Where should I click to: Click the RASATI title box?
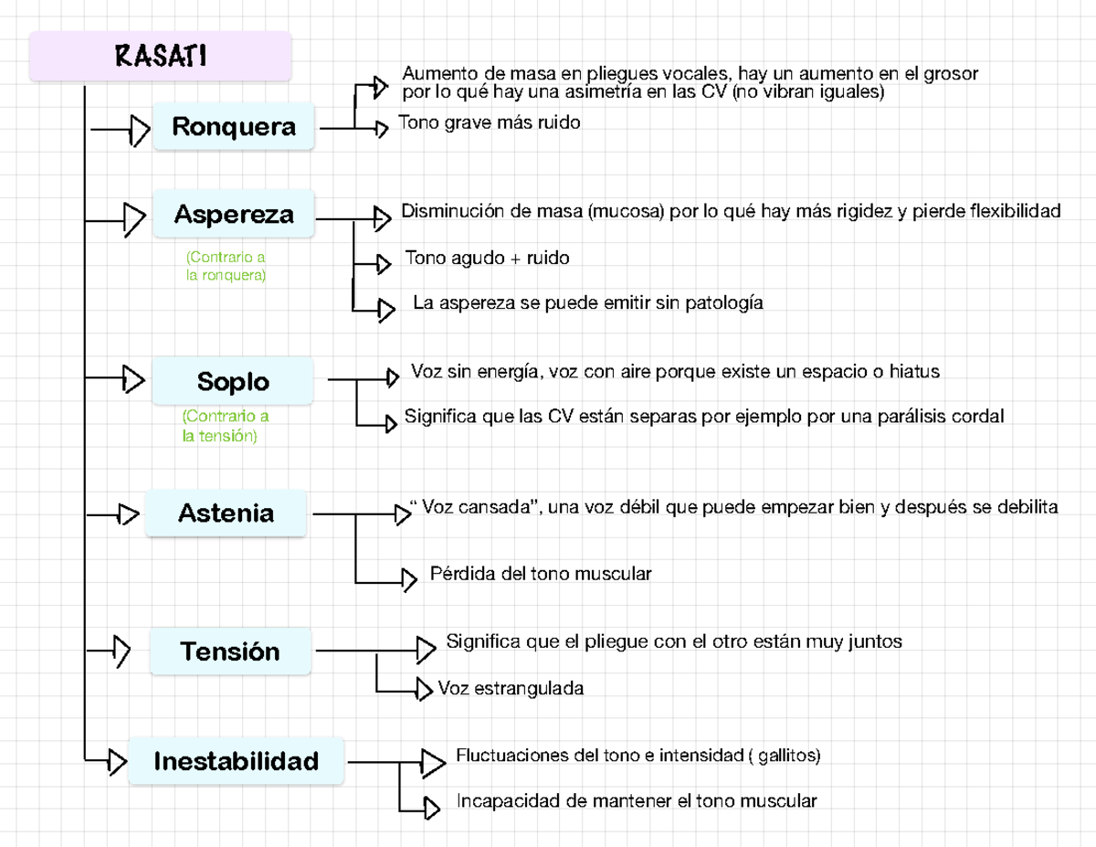pyautogui.click(x=160, y=57)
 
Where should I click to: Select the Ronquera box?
pyautogui.click(x=234, y=127)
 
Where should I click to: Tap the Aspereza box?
pyautogui.click(x=234, y=215)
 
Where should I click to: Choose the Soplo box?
pyautogui.click(x=233, y=381)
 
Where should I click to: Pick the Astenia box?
pyautogui.click(x=226, y=513)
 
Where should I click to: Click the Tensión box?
pyautogui.click(x=230, y=652)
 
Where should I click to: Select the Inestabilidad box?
pyautogui.click(x=236, y=761)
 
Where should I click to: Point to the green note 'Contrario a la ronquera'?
pyautogui.click(x=226, y=266)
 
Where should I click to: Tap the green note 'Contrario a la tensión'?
pyautogui.click(x=226, y=427)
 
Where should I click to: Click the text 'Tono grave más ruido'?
pyautogui.click(x=489, y=122)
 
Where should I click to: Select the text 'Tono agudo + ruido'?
pyautogui.click(x=487, y=259)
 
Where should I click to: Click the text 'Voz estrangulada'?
pyautogui.click(x=511, y=688)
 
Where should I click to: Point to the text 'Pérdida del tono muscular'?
pyautogui.click(x=540, y=575)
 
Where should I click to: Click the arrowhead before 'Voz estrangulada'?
pyautogui.click(x=423, y=688)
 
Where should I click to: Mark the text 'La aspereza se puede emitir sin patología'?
pyautogui.click(x=587, y=302)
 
